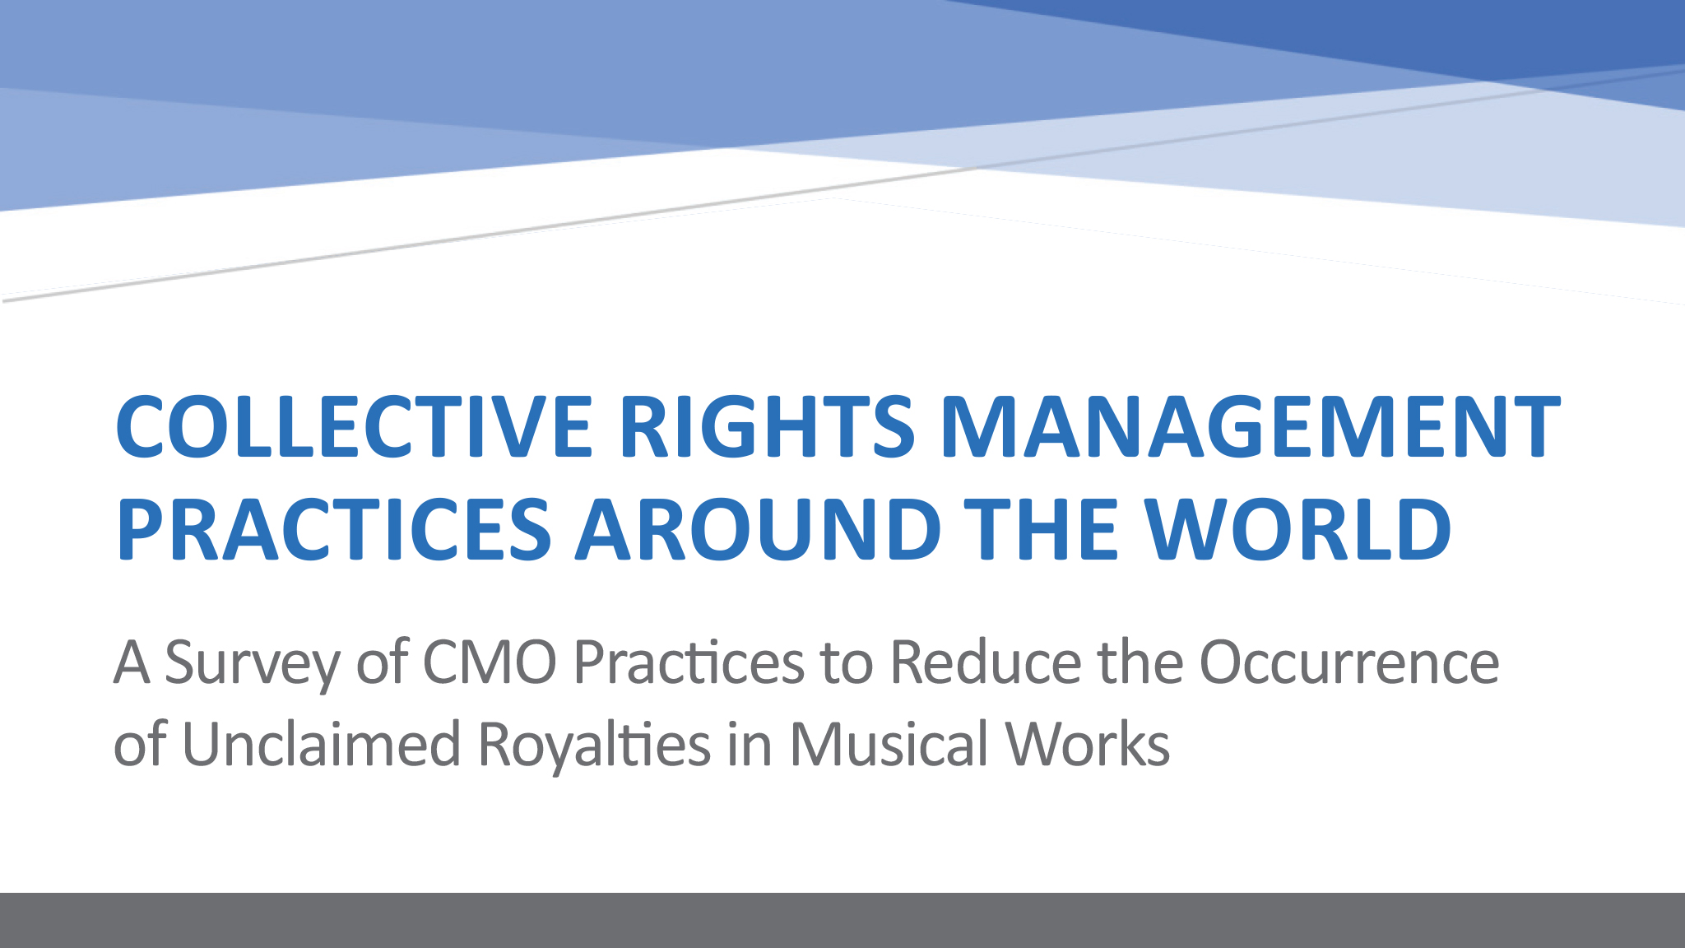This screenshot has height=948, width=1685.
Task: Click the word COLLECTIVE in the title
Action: pyautogui.click(x=355, y=426)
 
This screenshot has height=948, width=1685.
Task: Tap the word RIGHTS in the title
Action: pyautogui.click(x=767, y=426)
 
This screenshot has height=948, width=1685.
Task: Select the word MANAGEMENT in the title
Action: pyautogui.click(x=1250, y=426)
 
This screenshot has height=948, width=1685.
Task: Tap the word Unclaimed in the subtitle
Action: pyautogui.click(x=321, y=744)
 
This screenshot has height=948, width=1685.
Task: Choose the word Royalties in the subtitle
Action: pyautogui.click(x=594, y=744)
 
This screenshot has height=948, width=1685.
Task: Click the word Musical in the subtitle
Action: pyautogui.click(x=888, y=744)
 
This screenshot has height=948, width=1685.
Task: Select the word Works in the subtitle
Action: pyautogui.click(x=1088, y=744)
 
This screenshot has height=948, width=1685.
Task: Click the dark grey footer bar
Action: pyautogui.click(x=842, y=920)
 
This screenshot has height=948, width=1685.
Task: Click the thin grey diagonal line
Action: pyautogui.click(x=842, y=184)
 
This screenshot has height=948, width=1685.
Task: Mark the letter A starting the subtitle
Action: pyautogui.click(x=132, y=662)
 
